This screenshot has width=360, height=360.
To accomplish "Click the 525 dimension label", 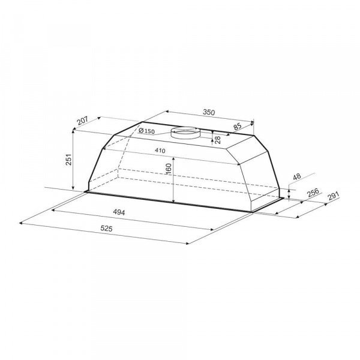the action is coord(107,229).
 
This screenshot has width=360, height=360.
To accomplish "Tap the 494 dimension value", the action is coord(119,212).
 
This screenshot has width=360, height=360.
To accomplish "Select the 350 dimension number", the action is coord(209,112).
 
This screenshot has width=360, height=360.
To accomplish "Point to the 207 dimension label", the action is coord(82,121).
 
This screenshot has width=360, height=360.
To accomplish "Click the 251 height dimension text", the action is coord(69,160).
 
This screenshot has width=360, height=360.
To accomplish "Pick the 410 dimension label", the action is coord(160,151).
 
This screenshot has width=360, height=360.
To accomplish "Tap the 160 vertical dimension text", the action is coord(169,169).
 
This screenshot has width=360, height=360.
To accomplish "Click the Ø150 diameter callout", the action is coord(147,131).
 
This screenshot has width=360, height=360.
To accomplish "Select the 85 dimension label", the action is coord(238,127).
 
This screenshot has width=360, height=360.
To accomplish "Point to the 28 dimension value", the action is coord(218,140).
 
